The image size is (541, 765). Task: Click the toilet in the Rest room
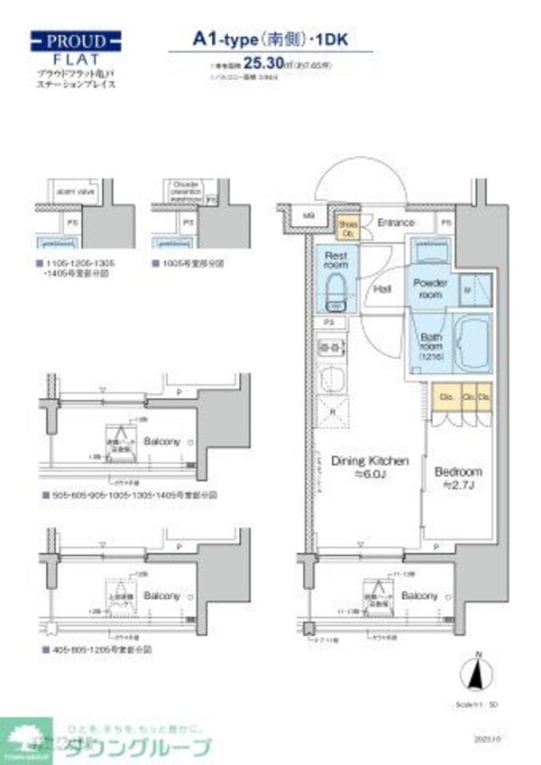click(335, 291)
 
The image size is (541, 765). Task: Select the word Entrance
click(396, 223)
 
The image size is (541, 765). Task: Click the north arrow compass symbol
click(480, 673)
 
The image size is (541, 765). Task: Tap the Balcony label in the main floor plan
click(419, 597)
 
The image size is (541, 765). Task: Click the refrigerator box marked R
click(335, 412)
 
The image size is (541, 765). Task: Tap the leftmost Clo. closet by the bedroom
click(446, 396)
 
